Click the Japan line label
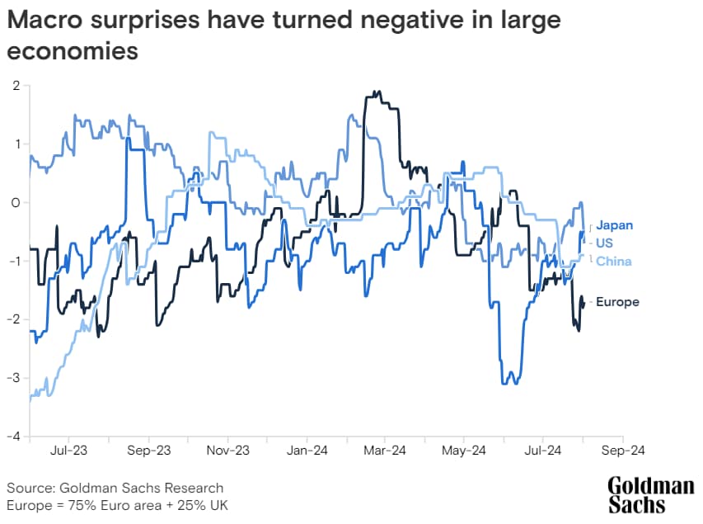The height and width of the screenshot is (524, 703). click(614, 225)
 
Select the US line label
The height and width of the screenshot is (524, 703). click(604, 243)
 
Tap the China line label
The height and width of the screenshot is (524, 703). click(613, 262)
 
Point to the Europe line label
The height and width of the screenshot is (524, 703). click(616, 302)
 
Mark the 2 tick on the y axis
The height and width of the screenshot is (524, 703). click(16, 86)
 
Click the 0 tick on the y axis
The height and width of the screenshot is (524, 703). click(15, 202)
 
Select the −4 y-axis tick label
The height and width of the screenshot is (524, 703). click(13, 437)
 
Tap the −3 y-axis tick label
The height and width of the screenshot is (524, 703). click(13, 378)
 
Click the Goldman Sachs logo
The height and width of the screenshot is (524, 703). click(650, 494)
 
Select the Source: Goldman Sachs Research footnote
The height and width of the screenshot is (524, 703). click(115, 488)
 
